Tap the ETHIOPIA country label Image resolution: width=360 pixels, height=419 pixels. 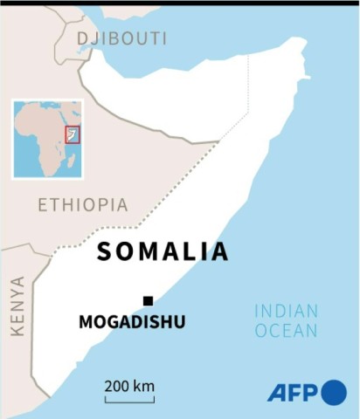(82, 205)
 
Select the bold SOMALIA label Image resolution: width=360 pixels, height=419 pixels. (163, 251)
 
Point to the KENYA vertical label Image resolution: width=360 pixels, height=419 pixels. (17, 306)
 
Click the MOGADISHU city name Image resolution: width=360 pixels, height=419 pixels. (132, 321)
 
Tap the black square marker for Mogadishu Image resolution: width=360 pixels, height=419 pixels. (148, 301)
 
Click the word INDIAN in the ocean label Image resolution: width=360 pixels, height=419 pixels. (286, 311)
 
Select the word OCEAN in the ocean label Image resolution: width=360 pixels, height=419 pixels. (286, 331)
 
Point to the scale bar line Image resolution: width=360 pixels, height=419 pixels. (129, 400)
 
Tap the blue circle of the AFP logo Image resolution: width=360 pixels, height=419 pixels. (334, 393)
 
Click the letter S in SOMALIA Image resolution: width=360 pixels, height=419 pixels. (104, 251)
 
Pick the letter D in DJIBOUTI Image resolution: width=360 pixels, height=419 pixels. (83, 38)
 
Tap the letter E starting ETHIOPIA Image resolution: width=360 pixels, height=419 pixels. (43, 205)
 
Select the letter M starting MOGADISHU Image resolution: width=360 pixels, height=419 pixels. (85, 321)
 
